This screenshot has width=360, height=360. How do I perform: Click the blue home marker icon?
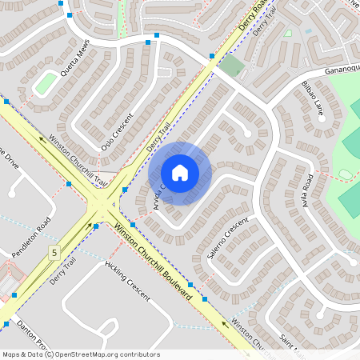[180, 173]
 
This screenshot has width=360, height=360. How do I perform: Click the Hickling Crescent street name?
[127, 281]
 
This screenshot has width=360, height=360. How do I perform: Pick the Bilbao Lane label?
[312, 95]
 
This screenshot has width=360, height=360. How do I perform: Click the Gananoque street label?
[342, 70]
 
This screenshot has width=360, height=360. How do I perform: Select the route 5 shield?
[54, 253]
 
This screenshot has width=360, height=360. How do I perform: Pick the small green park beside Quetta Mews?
[46, 82]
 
